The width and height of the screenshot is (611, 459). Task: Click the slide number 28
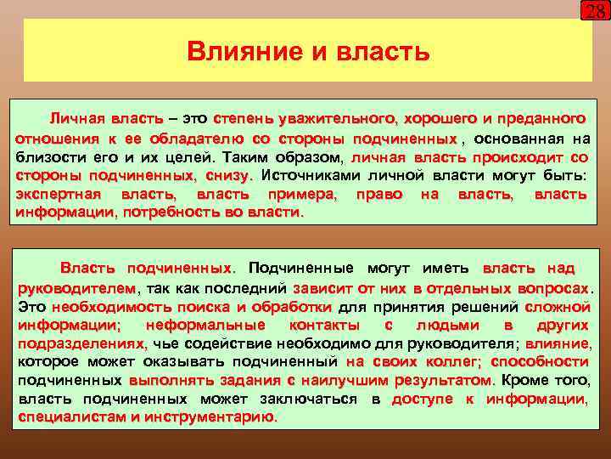coord(595,11)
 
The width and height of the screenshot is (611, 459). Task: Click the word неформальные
coord(205,325)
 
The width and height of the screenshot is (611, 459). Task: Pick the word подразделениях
coord(82,343)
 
